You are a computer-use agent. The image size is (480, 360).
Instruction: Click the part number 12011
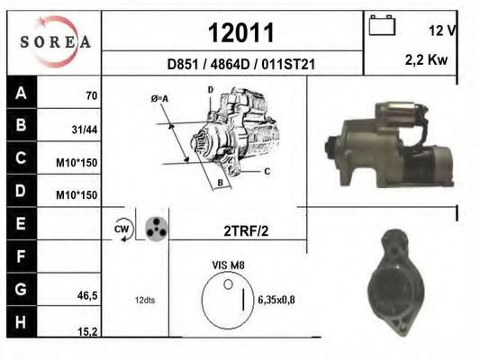(x=241, y=32)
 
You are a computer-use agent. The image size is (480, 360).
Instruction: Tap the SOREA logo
(x=56, y=41)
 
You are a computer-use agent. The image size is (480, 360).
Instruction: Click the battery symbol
(x=382, y=25)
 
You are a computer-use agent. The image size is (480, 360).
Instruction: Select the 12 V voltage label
(x=442, y=31)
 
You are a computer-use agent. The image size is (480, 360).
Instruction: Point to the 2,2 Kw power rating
(x=426, y=60)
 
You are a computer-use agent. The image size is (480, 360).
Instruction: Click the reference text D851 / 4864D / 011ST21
(x=241, y=64)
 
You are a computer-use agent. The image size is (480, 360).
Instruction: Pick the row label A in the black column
(x=21, y=93)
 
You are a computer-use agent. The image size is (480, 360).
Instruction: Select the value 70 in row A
(x=92, y=96)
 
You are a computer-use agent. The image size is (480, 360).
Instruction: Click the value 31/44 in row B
(x=85, y=130)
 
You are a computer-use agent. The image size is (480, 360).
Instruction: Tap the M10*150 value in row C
(x=77, y=163)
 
